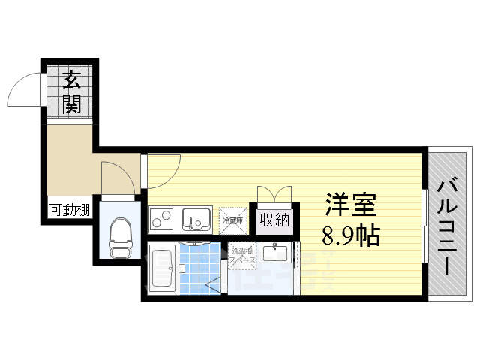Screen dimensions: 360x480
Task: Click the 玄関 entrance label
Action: click(x=71, y=91)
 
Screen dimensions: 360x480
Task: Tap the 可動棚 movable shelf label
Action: click(x=69, y=211)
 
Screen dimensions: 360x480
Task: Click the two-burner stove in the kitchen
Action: click(x=163, y=219)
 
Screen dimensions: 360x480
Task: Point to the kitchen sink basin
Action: click(x=197, y=219)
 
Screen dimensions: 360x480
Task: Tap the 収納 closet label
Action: click(x=274, y=220)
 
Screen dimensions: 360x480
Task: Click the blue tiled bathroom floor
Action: click(x=199, y=268)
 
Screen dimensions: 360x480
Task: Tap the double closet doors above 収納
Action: click(x=274, y=193)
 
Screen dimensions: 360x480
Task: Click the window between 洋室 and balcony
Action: click(x=425, y=225)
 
